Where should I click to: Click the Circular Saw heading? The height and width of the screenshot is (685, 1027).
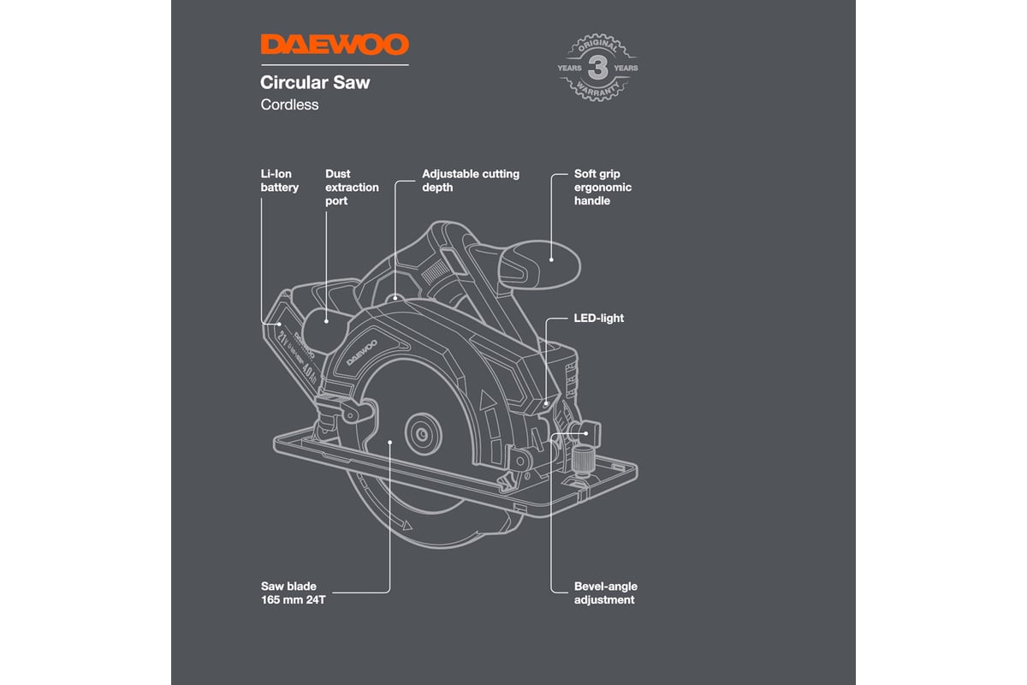click(315, 84)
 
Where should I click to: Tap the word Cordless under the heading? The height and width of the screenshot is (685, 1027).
click(289, 104)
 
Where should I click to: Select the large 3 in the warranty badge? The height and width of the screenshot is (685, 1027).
click(597, 67)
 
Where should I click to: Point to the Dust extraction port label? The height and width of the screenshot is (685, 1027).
click(352, 187)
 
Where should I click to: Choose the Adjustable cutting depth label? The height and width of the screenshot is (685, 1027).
click(470, 180)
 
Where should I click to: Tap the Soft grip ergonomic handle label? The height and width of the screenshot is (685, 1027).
click(603, 187)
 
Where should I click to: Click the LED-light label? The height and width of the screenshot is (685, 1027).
click(598, 318)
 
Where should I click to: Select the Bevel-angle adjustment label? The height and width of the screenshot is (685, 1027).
click(605, 593)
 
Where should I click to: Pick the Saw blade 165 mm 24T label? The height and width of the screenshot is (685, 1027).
click(295, 593)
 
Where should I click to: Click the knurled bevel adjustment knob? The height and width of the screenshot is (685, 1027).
click(584, 459)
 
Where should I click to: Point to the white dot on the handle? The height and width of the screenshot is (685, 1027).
click(552, 258)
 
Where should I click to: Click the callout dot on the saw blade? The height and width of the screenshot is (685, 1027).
click(390, 442)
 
